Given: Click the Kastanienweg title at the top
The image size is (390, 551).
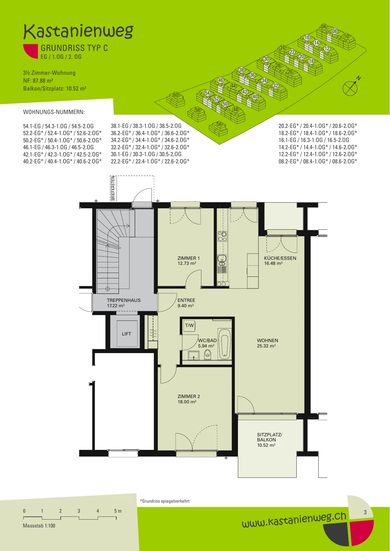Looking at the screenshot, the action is point(78,31).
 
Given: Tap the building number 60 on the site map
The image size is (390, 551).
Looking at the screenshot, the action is point(176,95).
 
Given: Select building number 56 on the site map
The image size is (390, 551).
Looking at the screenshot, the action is point(219,124).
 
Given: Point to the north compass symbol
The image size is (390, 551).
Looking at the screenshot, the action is point(351,87).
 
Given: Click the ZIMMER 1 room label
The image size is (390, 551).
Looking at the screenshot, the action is point(189,261).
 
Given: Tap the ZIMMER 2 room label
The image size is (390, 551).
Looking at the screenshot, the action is point(189,399).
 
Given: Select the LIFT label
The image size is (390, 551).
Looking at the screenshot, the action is point(126,334).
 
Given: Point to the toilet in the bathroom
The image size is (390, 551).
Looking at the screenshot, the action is point(208,355).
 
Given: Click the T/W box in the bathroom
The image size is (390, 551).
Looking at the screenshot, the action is point(189,326).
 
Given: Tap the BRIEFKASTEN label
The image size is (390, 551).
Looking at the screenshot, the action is point(113,188).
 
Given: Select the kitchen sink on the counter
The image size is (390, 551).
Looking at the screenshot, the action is point(222,260).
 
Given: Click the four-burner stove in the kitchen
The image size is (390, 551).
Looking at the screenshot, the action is point(222,236).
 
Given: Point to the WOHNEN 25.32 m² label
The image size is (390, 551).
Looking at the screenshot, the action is point(267,343).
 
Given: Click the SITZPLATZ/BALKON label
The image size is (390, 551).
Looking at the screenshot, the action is point(269,440).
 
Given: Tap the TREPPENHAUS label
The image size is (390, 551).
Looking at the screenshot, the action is point(124,303).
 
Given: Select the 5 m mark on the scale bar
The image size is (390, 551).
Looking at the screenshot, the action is point(118,511).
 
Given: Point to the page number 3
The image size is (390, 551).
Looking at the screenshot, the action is point(365,512).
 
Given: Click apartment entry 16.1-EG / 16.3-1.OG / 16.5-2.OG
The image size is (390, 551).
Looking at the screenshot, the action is point(314,140).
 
